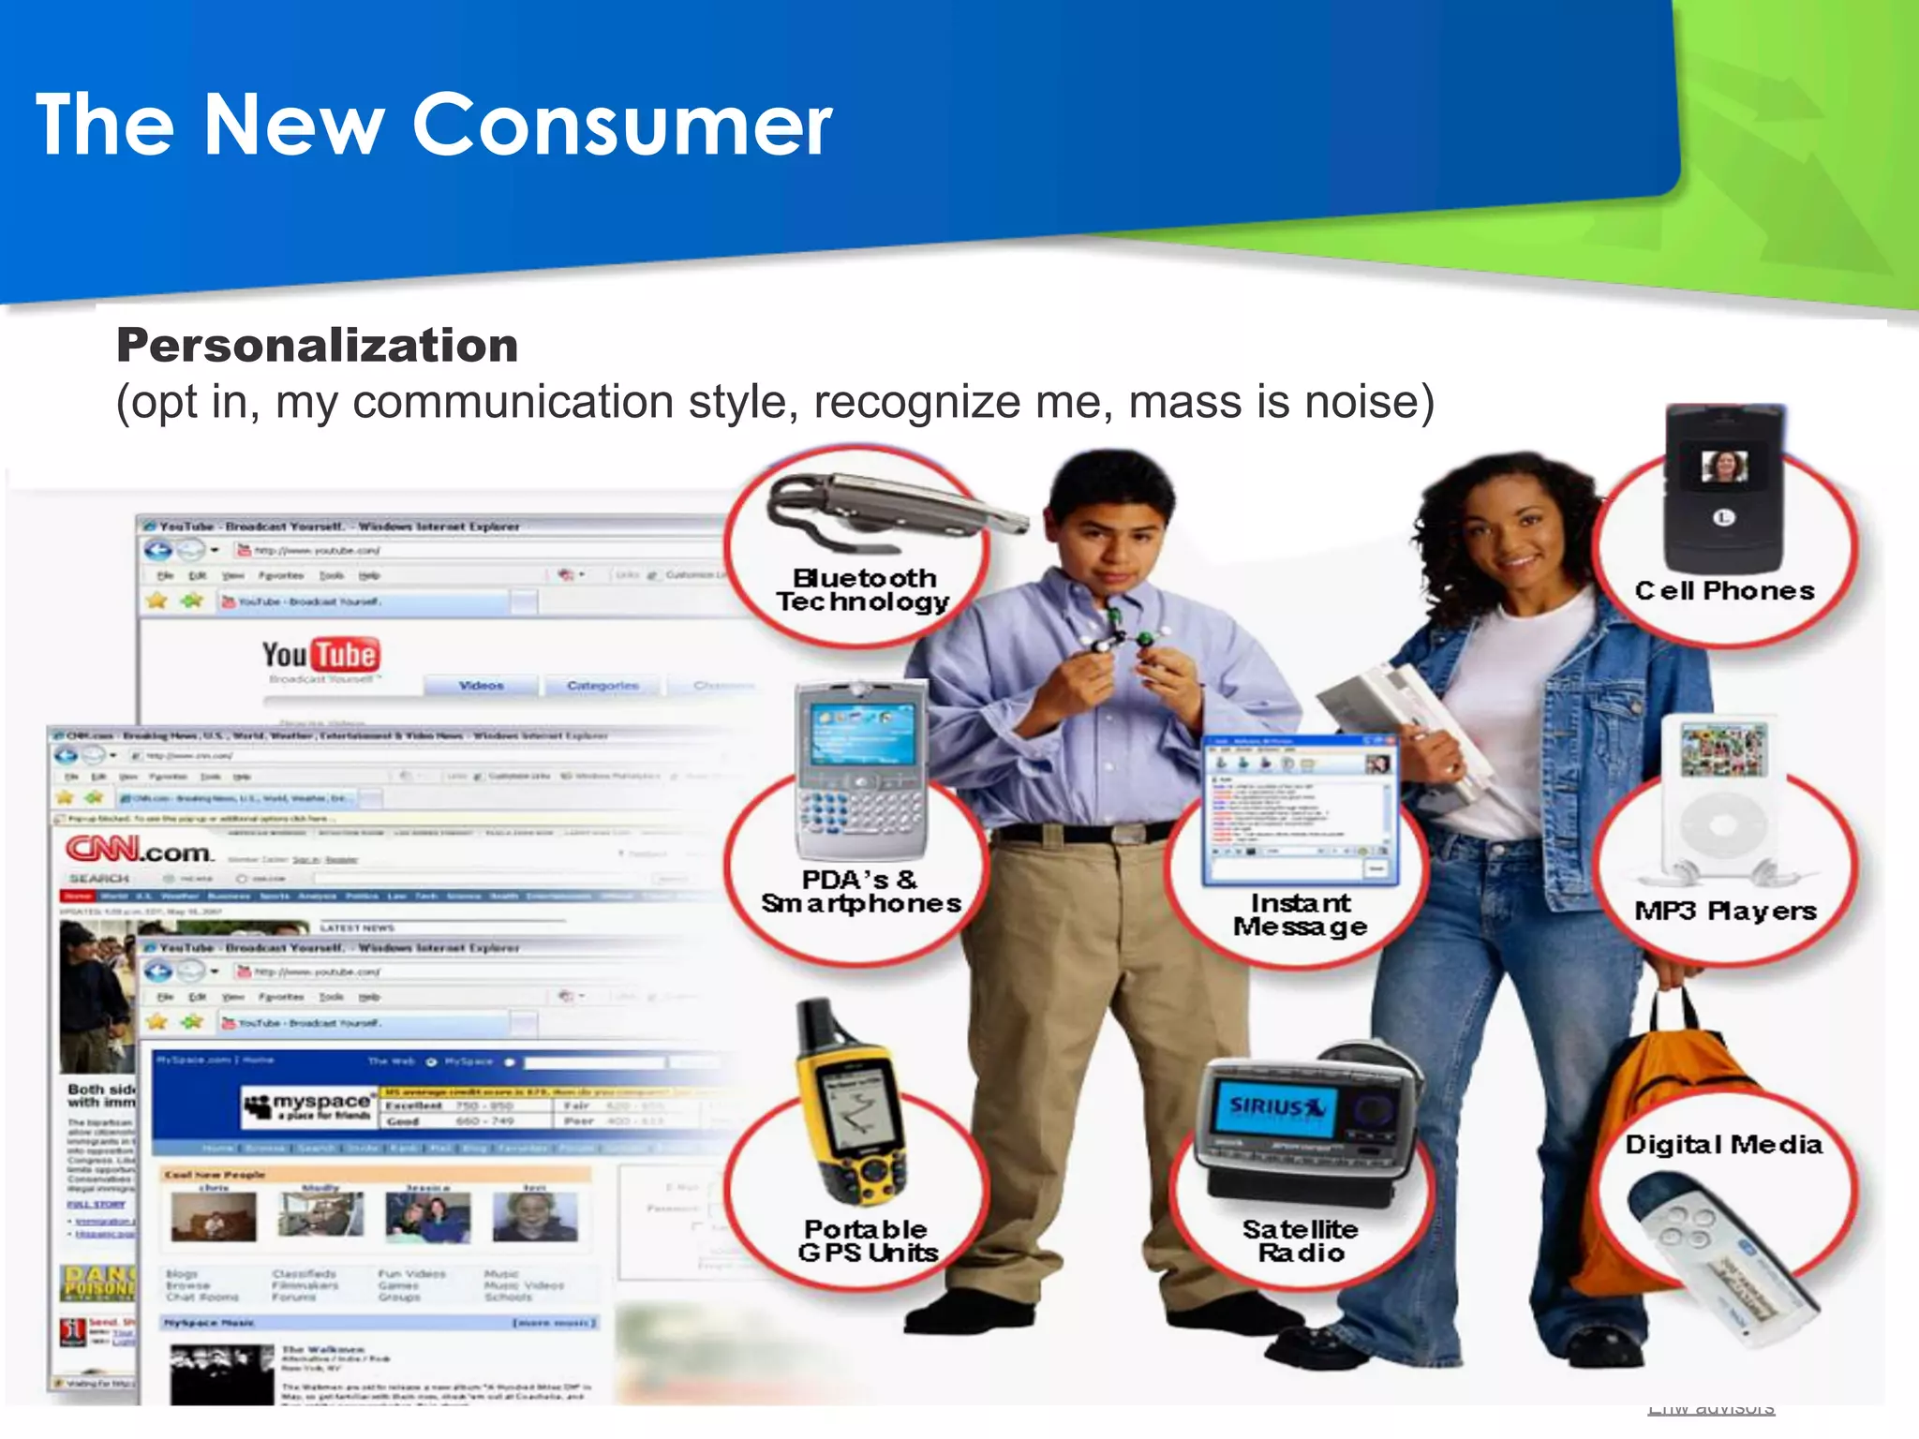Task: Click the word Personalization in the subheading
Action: click(x=317, y=345)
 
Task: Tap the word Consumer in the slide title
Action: click(x=622, y=125)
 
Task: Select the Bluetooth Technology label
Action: click(x=863, y=589)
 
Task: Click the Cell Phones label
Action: click(x=1724, y=590)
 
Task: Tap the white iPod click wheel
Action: click(x=1722, y=824)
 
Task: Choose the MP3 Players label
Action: click(x=1725, y=911)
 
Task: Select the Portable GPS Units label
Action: click(x=867, y=1240)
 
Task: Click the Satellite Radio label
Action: click(x=1301, y=1240)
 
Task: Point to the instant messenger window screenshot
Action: click(x=1300, y=810)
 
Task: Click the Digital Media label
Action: click(x=1723, y=1144)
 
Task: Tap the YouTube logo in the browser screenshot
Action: click(x=320, y=655)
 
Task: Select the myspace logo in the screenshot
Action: click(x=309, y=1105)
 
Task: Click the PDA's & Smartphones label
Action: click(x=861, y=891)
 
